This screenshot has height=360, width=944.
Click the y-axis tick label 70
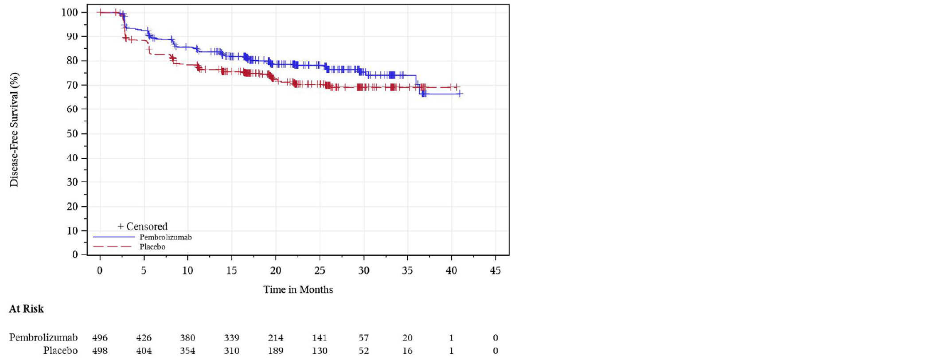point(72,85)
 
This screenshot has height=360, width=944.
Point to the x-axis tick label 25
point(320,270)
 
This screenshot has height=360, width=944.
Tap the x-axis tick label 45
point(495,270)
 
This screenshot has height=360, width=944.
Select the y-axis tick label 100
point(70,12)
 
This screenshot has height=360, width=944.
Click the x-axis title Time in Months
point(298,290)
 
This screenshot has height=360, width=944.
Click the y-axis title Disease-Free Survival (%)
point(14,130)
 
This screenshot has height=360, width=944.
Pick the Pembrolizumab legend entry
point(165,237)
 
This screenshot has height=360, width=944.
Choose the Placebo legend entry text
point(152,247)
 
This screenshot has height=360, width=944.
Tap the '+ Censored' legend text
point(142,227)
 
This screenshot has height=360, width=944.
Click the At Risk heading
point(26,309)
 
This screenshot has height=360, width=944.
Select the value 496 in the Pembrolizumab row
point(100,338)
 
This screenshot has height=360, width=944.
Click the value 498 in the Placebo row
point(100,351)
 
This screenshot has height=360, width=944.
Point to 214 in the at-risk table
point(276,338)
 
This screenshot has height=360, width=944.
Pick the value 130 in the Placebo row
point(320,351)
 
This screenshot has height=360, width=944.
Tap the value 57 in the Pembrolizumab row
point(363,338)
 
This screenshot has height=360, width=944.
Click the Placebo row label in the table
point(60,351)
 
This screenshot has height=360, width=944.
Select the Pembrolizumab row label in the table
point(43,338)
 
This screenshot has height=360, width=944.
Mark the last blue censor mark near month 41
point(460,94)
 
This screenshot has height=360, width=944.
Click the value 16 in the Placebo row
point(407,351)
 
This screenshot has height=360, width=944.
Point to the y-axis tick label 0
point(75,254)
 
